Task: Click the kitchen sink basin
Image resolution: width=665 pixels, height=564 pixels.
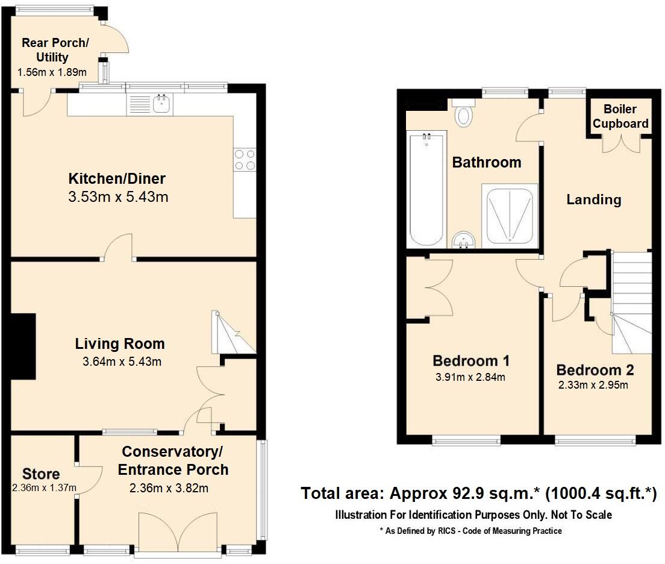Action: [x=161, y=104]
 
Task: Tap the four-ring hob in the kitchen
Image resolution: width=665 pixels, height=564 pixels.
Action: [x=245, y=160]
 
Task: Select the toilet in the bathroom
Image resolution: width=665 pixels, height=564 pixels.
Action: [x=463, y=113]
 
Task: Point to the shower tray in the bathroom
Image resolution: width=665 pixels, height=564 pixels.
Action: [x=510, y=216]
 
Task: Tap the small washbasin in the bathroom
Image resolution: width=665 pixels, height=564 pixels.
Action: [x=464, y=240]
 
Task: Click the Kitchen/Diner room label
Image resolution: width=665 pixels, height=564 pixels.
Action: [x=117, y=179]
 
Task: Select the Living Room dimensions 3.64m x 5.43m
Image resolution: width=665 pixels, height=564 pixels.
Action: [x=122, y=362]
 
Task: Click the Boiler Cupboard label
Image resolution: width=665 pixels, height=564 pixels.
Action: [x=620, y=116]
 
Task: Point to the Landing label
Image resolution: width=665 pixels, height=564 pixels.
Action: [x=594, y=199]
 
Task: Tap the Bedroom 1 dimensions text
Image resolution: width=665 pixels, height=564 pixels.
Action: [x=470, y=377]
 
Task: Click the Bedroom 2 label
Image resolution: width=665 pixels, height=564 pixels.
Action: [x=595, y=370]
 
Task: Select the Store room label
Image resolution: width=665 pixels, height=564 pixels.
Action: [x=41, y=474]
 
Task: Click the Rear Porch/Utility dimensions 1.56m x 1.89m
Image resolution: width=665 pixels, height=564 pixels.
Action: [x=52, y=72]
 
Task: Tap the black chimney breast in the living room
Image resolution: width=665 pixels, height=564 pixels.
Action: [x=23, y=346]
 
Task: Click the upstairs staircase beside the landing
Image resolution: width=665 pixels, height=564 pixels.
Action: [x=631, y=302]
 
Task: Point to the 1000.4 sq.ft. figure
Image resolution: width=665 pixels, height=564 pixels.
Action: [x=601, y=493]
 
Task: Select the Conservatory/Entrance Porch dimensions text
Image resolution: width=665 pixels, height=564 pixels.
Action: [x=169, y=489]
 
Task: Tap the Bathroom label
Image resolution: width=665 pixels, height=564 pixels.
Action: [x=487, y=162]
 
